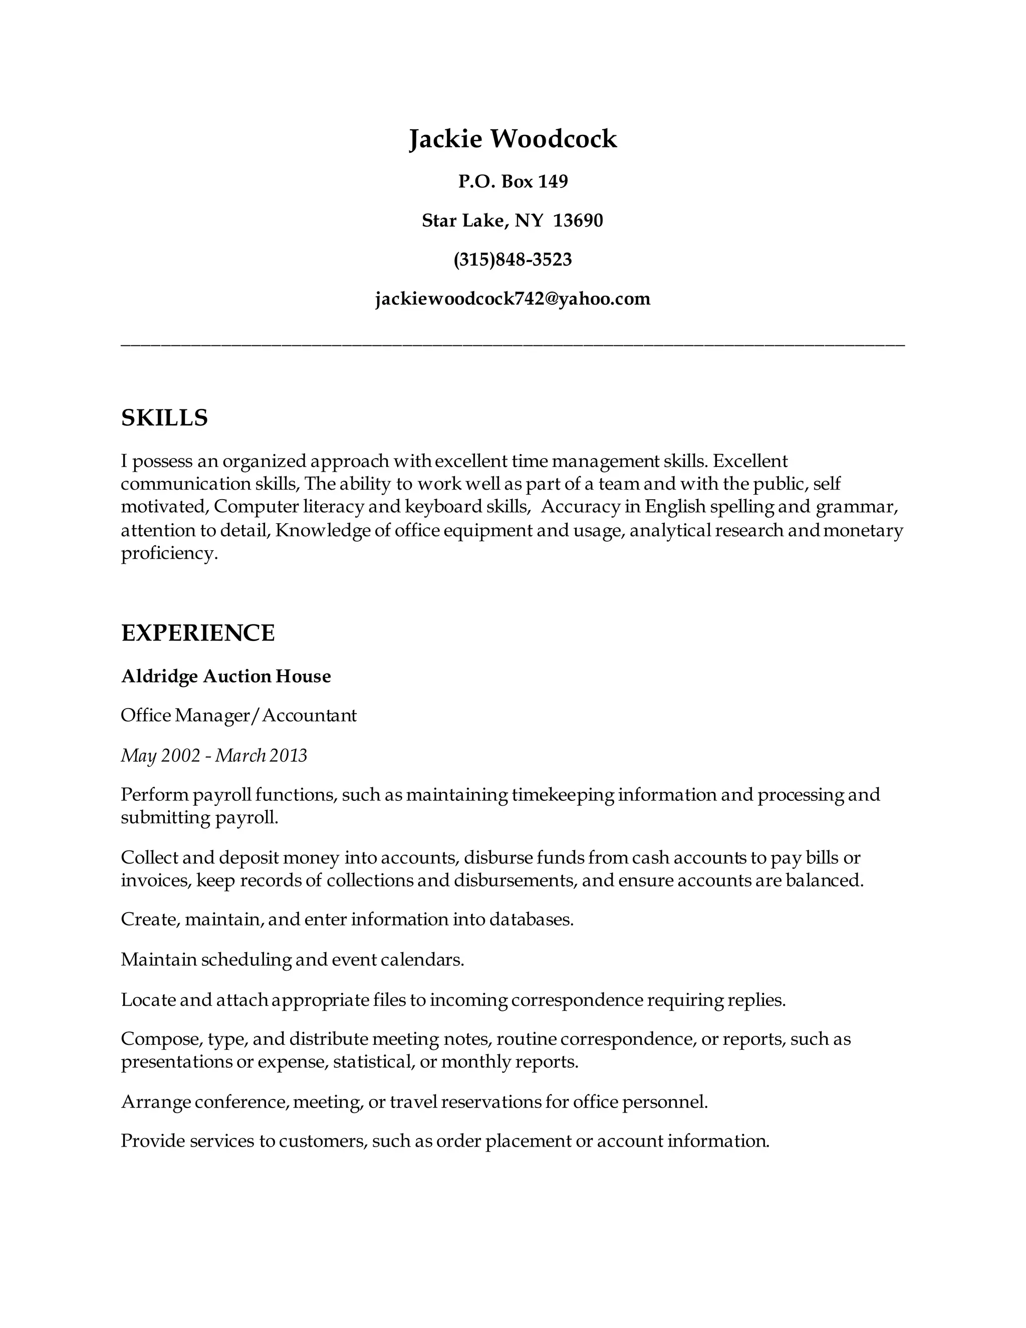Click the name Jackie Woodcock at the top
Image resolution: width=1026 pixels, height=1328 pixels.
click(512, 139)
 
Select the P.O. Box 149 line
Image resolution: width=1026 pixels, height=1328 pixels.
click(512, 181)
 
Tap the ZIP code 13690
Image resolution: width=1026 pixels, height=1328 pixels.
click(578, 220)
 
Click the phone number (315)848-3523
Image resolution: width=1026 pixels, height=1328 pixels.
click(512, 260)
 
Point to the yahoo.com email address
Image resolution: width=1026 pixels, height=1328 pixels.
click(512, 299)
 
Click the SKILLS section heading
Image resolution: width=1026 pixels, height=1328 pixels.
click(164, 418)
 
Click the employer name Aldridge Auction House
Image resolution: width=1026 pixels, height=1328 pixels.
click(225, 676)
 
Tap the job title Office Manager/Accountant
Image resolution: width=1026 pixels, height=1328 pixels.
click(238, 716)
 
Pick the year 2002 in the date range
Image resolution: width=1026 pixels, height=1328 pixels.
click(180, 756)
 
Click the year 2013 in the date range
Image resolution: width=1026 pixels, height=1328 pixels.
click(288, 756)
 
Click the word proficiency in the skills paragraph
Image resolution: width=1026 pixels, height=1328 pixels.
click(168, 554)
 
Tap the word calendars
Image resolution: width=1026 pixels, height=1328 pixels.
click(422, 960)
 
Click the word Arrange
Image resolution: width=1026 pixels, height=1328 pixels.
click(156, 1102)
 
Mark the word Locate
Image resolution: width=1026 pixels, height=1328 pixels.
click(148, 1000)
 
